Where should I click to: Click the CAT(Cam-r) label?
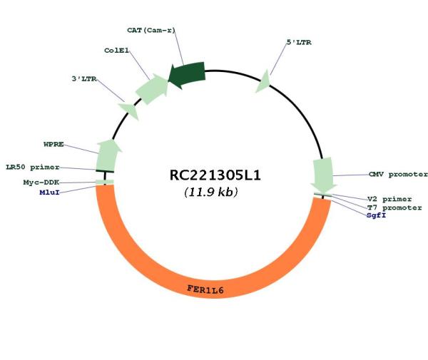151,30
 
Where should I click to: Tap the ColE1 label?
116,51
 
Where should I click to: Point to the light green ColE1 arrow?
152,88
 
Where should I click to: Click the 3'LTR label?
84,79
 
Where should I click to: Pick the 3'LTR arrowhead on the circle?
129,110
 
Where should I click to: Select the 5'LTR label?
299,42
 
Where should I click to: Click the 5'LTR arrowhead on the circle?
263,82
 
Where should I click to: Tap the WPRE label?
53,144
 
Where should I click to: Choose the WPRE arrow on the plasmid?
108,155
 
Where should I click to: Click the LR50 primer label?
33,168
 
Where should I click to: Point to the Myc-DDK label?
41,182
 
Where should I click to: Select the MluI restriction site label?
49,192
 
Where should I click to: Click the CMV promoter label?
398,174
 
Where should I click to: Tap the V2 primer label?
389,199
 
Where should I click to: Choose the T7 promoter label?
394,208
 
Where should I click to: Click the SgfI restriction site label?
377,215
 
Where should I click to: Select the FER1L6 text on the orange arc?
205,289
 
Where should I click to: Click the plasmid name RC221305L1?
215,175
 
